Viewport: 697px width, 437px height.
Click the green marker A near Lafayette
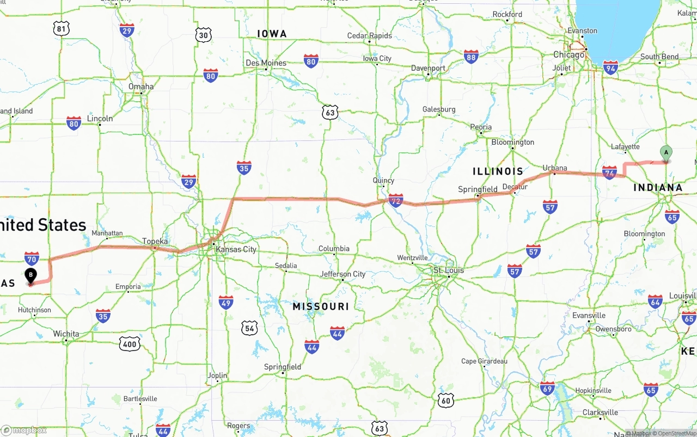coord(666,153)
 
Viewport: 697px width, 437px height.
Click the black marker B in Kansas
coord(31,275)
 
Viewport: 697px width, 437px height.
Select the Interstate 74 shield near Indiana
coord(610,173)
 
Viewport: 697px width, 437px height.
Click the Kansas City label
coord(236,249)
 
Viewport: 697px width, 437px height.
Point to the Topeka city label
coord(155,241)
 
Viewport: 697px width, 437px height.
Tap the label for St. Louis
coord(449,270)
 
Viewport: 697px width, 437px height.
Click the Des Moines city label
coord(266,63)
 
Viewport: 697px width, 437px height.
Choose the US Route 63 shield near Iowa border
coord(329,113)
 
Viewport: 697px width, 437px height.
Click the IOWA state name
coord(272,34)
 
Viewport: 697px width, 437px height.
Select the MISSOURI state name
coord(321,306)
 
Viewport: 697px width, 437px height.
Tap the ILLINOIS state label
coord(498,171)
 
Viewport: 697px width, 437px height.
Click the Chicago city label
coord(568,54)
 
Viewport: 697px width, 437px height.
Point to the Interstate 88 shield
coord(471,57)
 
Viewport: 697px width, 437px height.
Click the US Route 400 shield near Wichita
coord(130,343)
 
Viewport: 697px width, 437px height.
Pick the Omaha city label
coord(141,87)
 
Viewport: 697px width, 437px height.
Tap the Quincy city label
coord(383,180)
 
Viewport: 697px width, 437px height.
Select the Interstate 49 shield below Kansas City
coord(226,302)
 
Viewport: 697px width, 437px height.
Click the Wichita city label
coord(66,334)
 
